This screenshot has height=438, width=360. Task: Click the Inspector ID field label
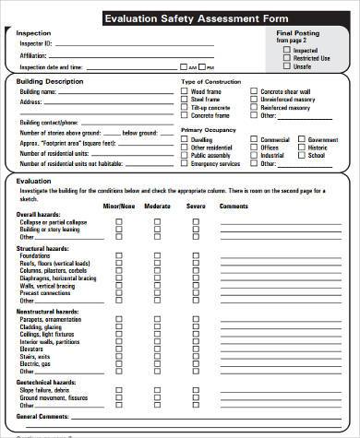click(35, 42)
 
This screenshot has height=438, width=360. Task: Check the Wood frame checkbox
click(185, 91)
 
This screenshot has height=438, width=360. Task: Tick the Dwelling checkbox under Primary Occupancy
click(185, 138)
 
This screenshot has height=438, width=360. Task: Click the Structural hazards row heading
click(42, 249)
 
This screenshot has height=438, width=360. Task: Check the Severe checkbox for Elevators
click(196, 349)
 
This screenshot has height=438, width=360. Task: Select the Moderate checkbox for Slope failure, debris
click(157, 390)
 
